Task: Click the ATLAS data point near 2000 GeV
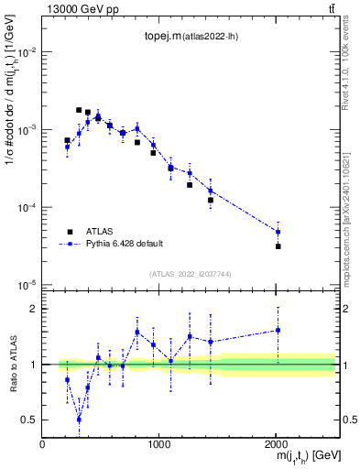[x=278, y=246]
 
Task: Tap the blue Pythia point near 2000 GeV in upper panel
[x=278, y=232]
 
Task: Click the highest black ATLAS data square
[x=79, y=110]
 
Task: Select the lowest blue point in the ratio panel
[x=79, y=420]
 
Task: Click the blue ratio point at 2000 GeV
[x=278, y=330]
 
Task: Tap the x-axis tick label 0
[x=42, y=443]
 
